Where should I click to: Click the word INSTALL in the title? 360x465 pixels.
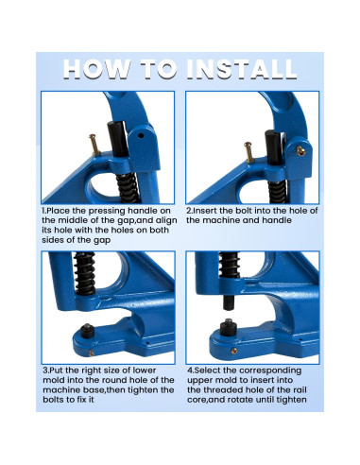coord(242,69)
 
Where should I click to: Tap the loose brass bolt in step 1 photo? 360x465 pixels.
coord(94,145)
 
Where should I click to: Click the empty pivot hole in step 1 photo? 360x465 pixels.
coord(141,136)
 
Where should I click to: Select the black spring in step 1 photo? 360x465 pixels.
coord(128,188)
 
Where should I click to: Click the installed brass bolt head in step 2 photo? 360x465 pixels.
coord(300,151)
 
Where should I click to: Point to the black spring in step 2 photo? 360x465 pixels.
coord(278,192)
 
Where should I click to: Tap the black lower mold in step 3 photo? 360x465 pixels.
coord(87,331)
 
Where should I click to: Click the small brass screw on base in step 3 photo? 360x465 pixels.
coord(92,353)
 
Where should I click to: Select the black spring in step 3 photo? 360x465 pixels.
coord(84,273)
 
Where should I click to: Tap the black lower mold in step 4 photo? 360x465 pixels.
coord(229,328)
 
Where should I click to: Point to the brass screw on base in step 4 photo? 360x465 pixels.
coord(234,351)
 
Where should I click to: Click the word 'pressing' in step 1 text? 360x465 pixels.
coord(106,211)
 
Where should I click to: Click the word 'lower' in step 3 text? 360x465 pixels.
coord(145,370)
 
